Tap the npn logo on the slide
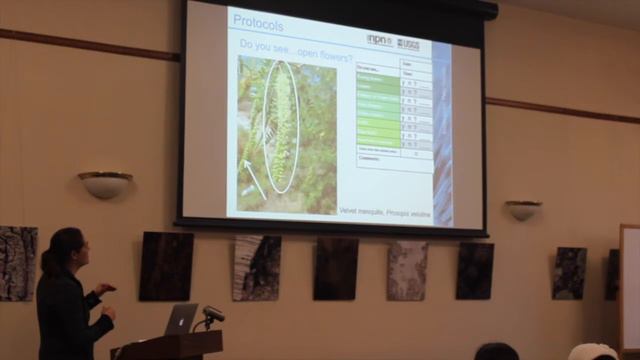[379, 40]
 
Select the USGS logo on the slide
[408, 43]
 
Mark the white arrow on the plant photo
[254, 178]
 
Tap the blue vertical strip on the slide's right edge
[442, 130]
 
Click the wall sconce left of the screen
[105, 184]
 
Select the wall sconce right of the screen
[523, 209]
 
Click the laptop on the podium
[180, 319]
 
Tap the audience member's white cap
[592, 351]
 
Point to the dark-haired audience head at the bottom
[496, 351]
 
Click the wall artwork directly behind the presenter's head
[18, 263]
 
